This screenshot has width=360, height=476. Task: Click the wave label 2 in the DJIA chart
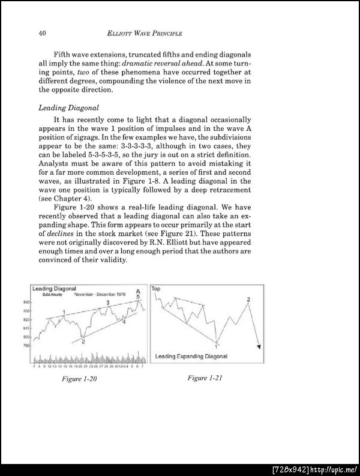click(x=83, y=341)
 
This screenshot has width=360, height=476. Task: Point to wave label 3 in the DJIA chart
click(x=107, y=303)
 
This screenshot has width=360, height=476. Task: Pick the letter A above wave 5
click(x=138, y=291)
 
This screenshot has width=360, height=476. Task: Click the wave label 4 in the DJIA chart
click(x=124, y=322)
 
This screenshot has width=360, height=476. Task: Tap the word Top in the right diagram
click(x=156, y=289)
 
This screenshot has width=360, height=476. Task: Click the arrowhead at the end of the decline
click(x=259, y=346)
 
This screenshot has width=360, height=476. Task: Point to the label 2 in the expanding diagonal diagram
click(x=248, y=299)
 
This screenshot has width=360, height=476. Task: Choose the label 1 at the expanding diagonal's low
click(x=216, y=345)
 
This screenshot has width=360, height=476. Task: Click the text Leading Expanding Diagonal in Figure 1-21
click(x=191, y=357)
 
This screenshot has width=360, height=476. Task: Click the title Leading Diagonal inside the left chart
click(x=53, y=289)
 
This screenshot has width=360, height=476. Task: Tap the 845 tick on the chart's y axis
click(x=27, y=302)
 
